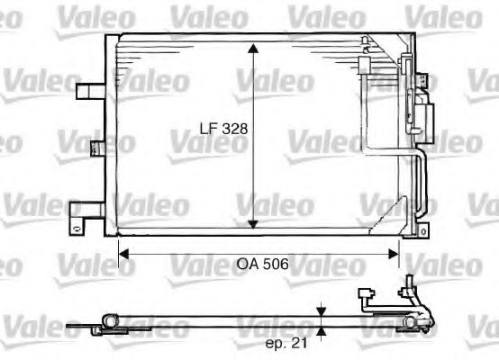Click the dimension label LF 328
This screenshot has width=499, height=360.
click(222, 128)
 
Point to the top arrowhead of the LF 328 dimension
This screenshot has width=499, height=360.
click(254, 48)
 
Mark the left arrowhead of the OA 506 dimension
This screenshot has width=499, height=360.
click(125, 255)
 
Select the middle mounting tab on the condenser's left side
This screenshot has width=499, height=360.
click(96, 148)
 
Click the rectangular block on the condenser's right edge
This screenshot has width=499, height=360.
click(426, 117)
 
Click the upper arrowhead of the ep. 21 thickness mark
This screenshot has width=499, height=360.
click(322, 310)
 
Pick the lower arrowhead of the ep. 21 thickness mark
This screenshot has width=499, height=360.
click(322, 331)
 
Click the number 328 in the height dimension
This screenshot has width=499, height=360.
click(233, 128)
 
